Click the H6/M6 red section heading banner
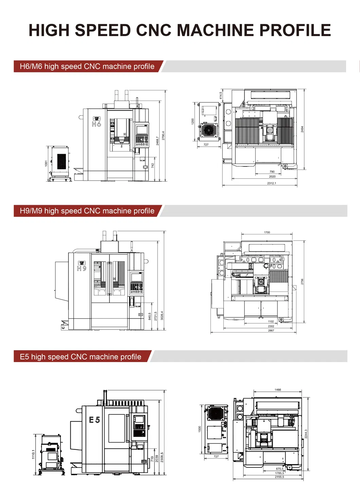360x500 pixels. coord(87,67)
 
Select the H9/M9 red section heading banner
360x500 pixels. coord(87,211)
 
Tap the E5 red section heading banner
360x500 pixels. coord(81,357)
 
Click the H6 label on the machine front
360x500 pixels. coord(96,124)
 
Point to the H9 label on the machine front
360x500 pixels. coord(82,268)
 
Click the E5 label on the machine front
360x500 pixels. coord(94,420)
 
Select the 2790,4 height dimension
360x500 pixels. coord(163,136)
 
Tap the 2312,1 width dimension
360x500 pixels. coord(271,183)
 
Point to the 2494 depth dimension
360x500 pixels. coord(302,129)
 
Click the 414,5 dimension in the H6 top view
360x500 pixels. coord(220,95)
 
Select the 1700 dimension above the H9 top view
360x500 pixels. coord(267,232)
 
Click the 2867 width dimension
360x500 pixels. coord(271,331)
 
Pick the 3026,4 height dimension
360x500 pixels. coord(162,316)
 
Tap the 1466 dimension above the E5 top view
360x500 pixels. coord(278,390)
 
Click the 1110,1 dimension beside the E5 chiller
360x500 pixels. coord(33,454)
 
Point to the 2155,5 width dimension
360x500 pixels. coord(280,477)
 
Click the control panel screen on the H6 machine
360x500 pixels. coord(142,129)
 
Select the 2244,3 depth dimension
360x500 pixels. coord(306,434)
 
